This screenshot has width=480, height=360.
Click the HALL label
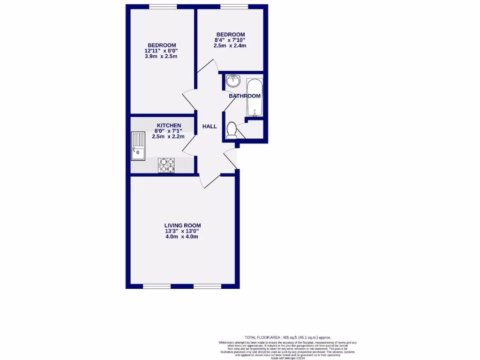[210, 127]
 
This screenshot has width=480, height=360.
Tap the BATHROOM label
[244, 96]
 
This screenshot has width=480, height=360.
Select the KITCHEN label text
[169, 125]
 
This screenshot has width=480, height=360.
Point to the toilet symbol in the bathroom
[231, 130]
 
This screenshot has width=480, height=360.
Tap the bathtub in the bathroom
[254, 97]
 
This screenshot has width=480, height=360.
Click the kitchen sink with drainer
[139, 146]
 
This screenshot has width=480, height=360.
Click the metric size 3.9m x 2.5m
[161, 56]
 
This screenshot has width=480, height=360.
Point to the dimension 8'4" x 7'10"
[230, 40]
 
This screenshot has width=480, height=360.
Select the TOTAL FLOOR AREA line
[288, 337]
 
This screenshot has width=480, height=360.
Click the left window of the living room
[157, 286]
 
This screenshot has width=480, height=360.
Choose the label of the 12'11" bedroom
[161, 45]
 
